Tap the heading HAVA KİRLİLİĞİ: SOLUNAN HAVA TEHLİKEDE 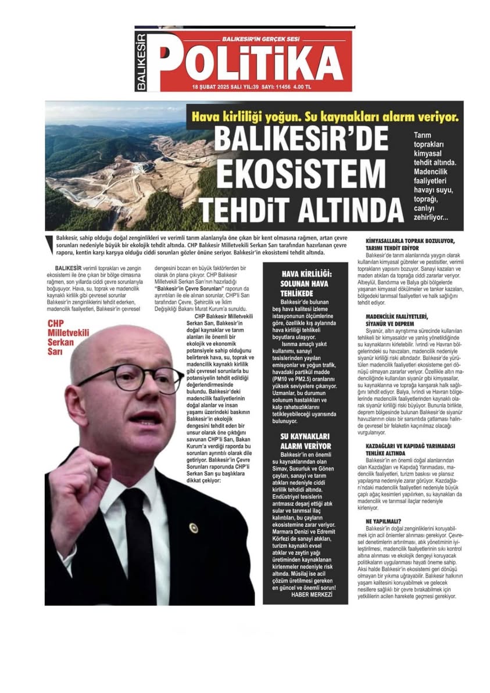(x=305, y=283)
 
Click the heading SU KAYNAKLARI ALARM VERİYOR (x=305, y=440)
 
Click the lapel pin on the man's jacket (x=194, y=528)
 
